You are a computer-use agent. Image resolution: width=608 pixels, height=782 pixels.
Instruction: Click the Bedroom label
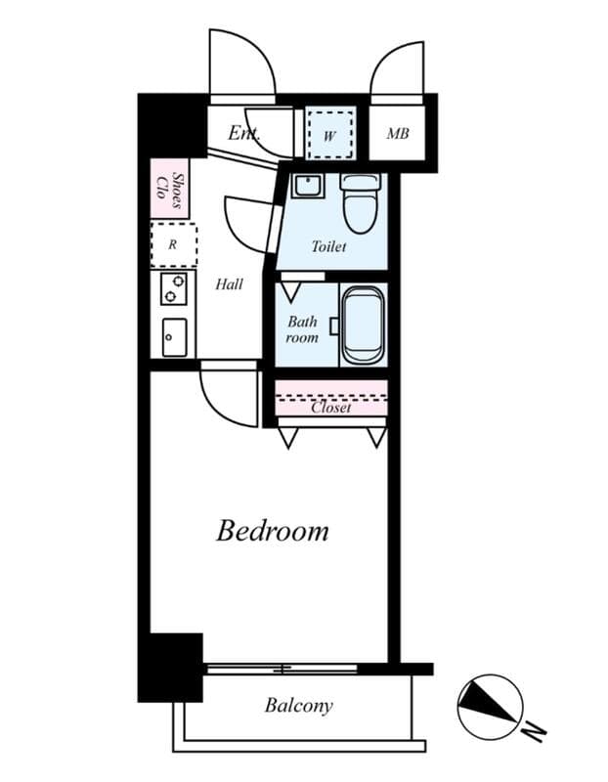(x=272, y=531)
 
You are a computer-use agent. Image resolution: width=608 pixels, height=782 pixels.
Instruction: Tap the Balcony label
(x=298, y=705)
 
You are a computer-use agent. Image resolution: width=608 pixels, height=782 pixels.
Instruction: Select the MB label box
(x=397, y=134)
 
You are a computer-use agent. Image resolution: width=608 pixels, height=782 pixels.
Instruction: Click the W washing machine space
(x=330, y=134)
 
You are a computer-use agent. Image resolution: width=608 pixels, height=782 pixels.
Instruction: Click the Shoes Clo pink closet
(x=169, y=191)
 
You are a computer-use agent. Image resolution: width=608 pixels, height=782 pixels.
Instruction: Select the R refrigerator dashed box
(x=173, y=244)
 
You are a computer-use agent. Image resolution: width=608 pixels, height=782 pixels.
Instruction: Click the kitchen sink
(x=174, y=337)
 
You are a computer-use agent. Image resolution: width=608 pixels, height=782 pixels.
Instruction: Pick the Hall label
(x=229, y=284)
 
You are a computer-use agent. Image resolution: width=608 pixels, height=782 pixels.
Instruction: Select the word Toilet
(x=328, y=247)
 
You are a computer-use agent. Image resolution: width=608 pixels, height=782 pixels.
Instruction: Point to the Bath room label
(x=302, y=329)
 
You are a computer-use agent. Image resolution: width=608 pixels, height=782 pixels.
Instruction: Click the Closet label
(x=330, y=408)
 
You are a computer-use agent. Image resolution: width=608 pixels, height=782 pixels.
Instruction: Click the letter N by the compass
(x=533, y=730)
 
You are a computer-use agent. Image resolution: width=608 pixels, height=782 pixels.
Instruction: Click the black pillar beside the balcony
(x=170, y=667)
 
